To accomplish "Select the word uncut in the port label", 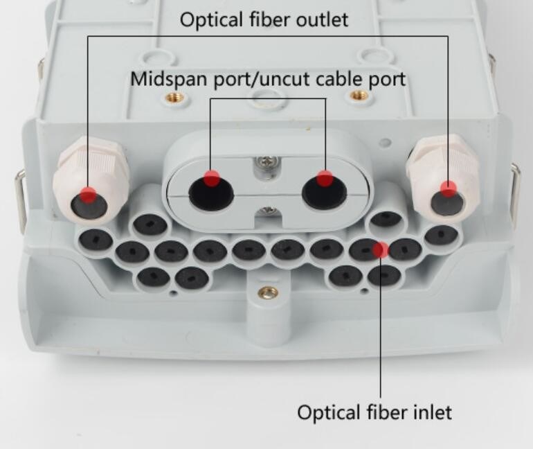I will pos(293,79).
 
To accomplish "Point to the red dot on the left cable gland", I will pos(87,193).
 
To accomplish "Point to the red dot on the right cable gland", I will pos(449,188).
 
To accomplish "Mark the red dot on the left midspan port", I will pos(212,177).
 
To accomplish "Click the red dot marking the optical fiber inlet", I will pos(381,249).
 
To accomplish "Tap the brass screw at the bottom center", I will pos(268,292).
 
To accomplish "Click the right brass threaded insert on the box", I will pos(358,96).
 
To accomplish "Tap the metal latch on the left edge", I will pos(21,201).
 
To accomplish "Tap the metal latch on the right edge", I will pos(516,187).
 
